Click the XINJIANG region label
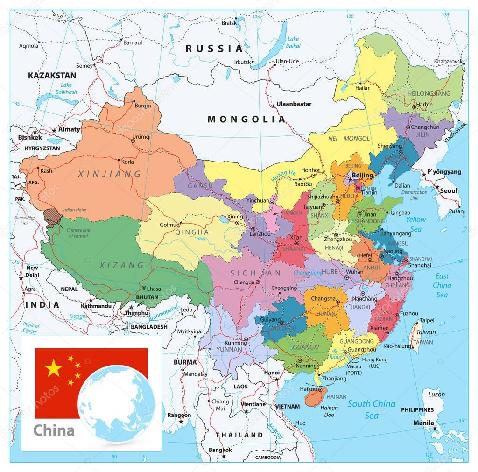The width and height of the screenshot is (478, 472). tap(109, 174)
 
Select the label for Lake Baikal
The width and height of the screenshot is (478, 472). tap(293, 42)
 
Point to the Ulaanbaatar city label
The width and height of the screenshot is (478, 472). tap(294, 104)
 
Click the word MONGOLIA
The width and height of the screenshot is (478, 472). tap(246, 119)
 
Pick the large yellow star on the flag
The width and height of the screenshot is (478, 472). tap(54, 368)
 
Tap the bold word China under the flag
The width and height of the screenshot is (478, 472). tap(54, 430)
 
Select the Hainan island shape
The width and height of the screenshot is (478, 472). tap(315, 397)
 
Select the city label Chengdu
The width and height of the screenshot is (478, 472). tap(243, 282)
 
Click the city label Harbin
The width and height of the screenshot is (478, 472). tap(424, 104)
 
